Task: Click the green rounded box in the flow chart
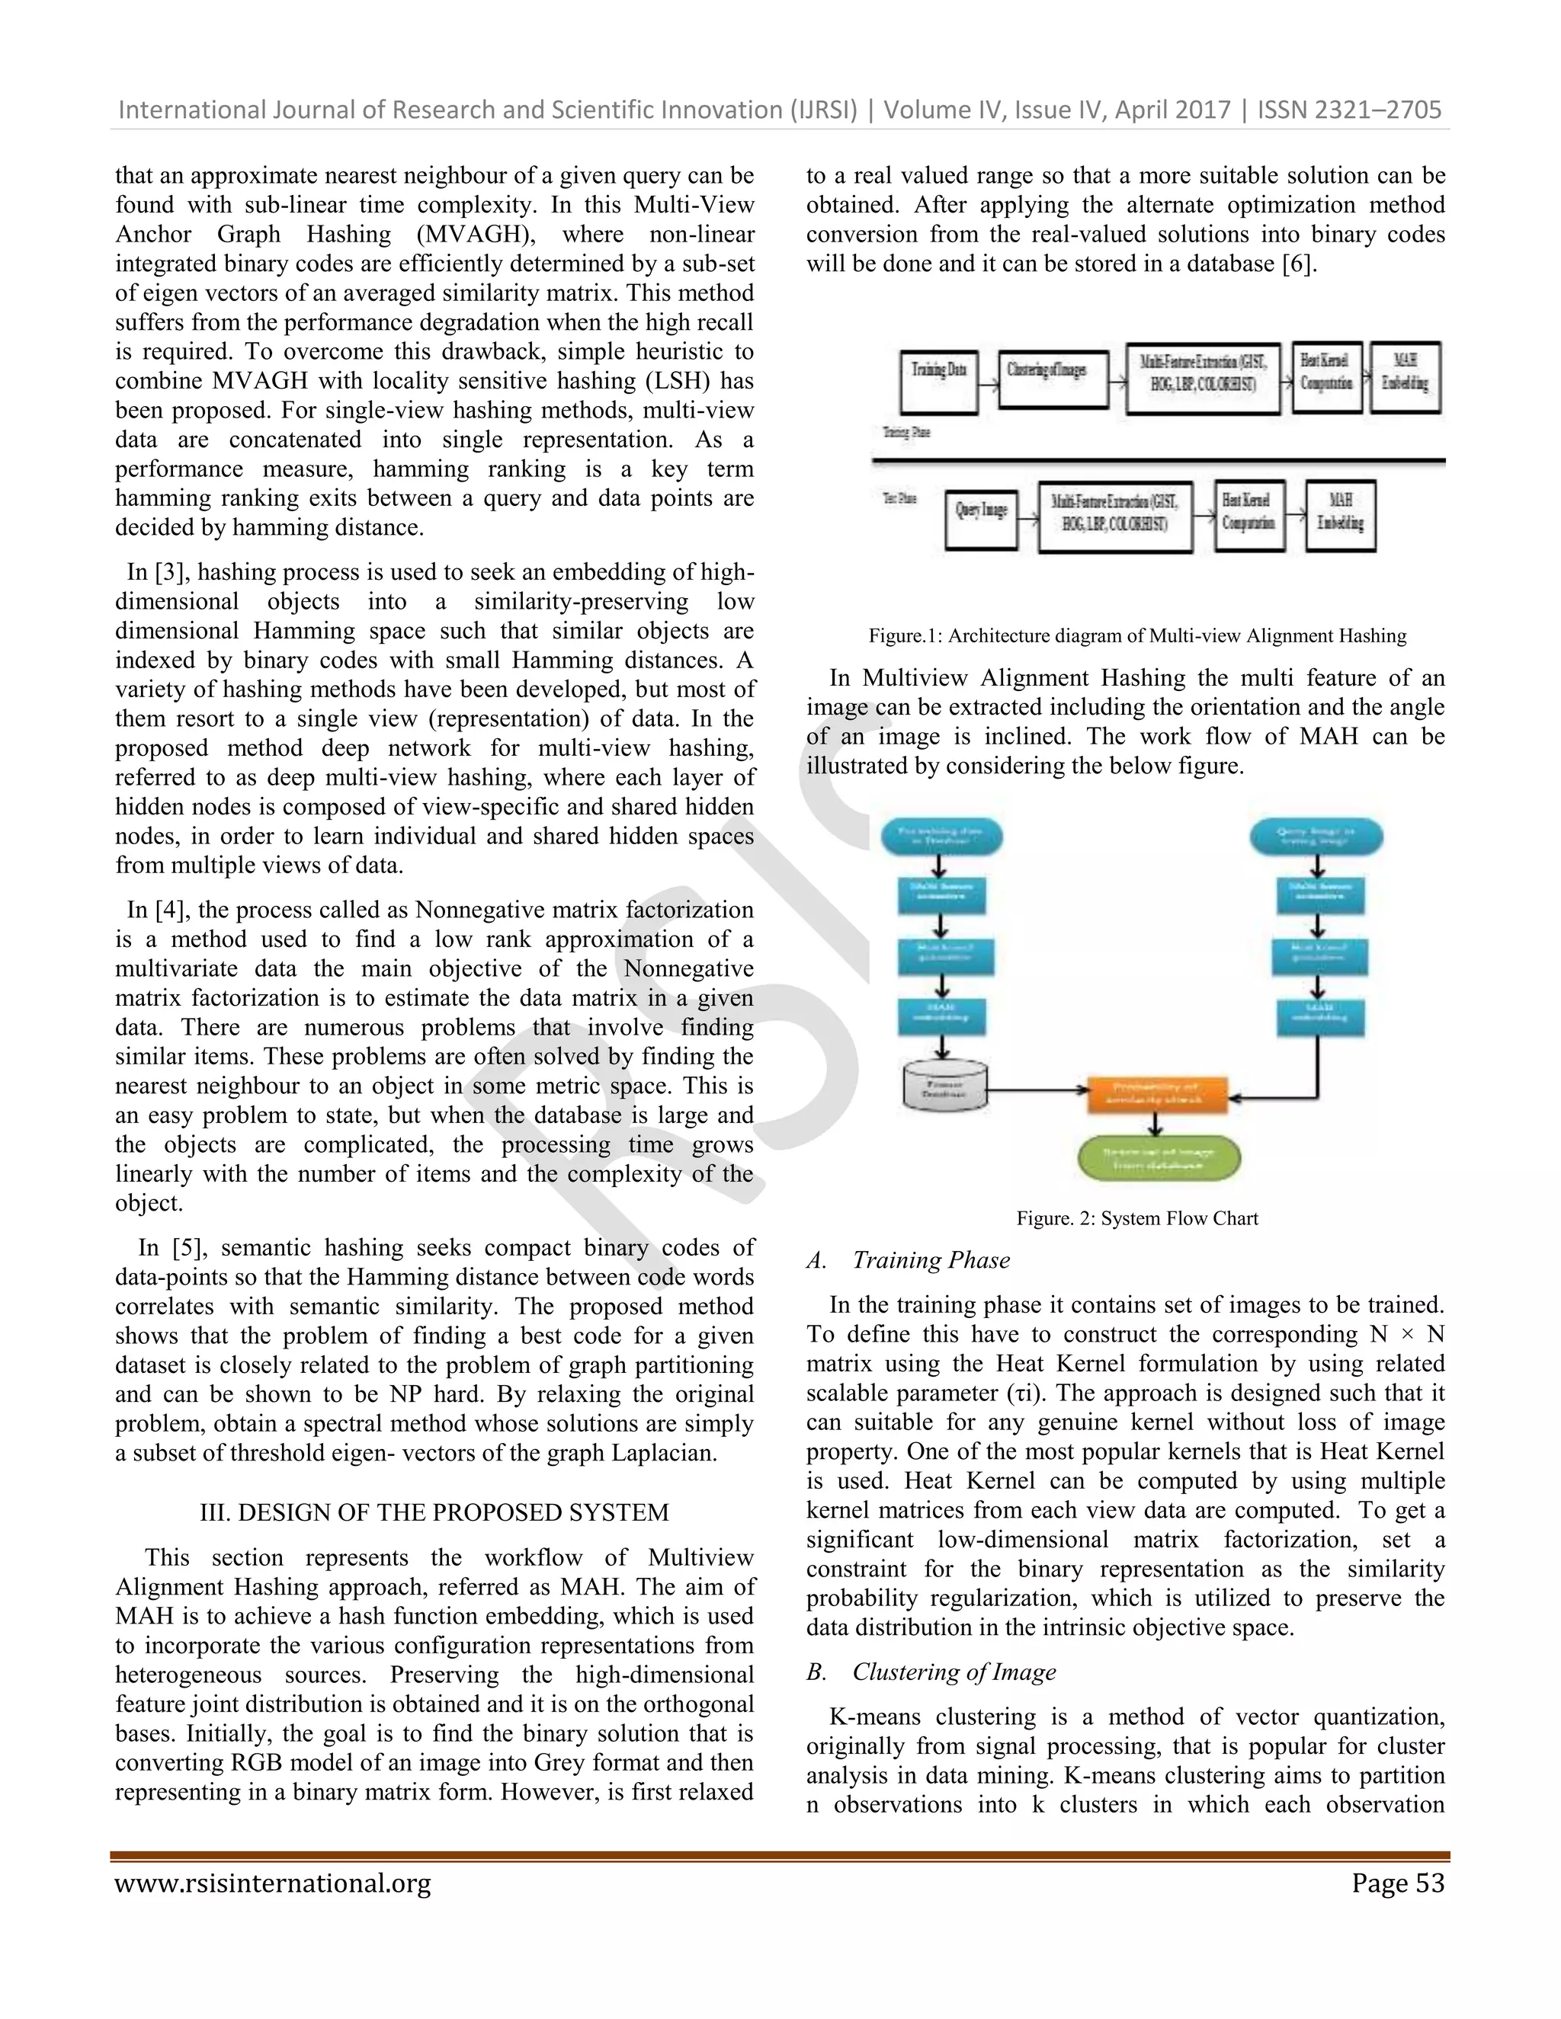1158,1158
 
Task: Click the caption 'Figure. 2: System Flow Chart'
1136,1218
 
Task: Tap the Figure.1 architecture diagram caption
1136,636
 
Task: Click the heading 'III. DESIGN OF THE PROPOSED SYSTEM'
434,1512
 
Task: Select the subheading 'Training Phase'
931,1260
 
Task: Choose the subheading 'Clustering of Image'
954,1672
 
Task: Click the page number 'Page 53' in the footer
1397,1883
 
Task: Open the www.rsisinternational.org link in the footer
273,1883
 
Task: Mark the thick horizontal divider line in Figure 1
1158,460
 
